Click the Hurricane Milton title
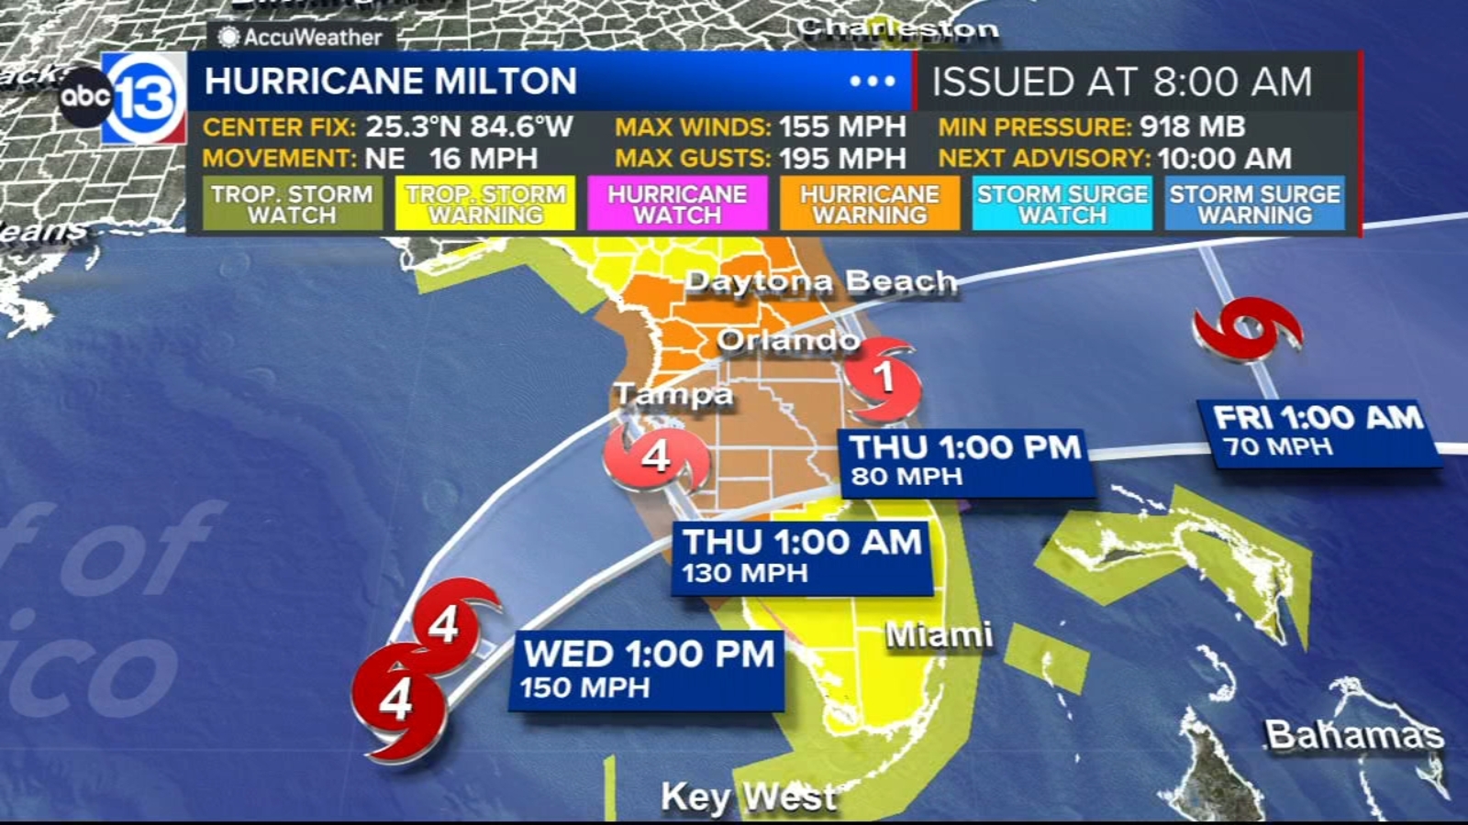(391, 82)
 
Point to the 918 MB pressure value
(1192, 126)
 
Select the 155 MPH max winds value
(842, 126)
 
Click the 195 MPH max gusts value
(842, 159)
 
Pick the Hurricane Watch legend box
(677, 203)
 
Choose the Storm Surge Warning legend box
(1254, 203)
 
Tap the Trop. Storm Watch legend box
(292, 203)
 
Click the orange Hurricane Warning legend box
(870, 203)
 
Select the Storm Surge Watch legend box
(1062, 203)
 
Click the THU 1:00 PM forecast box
(966, 461)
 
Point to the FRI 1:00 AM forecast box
(1318, 431)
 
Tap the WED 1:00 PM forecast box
(648, 669)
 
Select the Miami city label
(939, 634)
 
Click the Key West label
(749, 797)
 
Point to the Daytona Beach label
(821, 281)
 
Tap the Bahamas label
(1353, 733)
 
